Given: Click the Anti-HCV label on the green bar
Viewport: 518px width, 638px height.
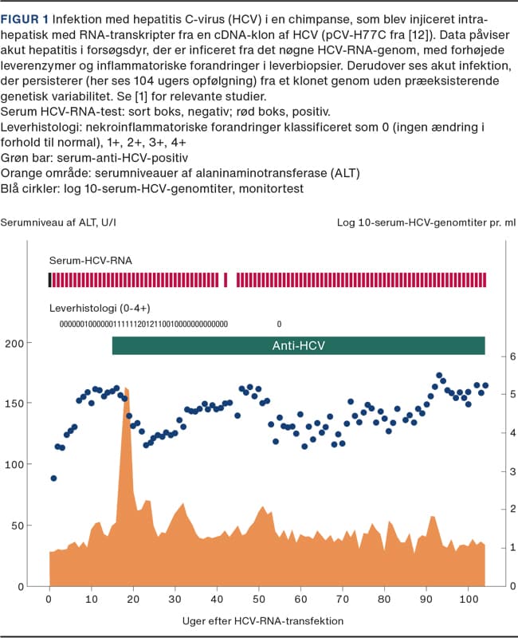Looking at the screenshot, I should click(299, 345).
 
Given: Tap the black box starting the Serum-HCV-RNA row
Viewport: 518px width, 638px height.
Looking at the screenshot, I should click(50, 279).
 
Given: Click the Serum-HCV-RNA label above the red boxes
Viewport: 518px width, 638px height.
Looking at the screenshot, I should click(91, 261).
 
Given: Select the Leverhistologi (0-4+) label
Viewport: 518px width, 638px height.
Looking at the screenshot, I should click(100, 307).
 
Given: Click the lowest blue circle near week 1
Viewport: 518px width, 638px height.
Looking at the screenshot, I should click(53, 478).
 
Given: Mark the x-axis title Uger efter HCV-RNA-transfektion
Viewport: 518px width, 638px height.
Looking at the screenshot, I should click(264, 620).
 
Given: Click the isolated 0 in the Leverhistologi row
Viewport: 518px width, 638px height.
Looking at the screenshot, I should click(279, 325).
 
